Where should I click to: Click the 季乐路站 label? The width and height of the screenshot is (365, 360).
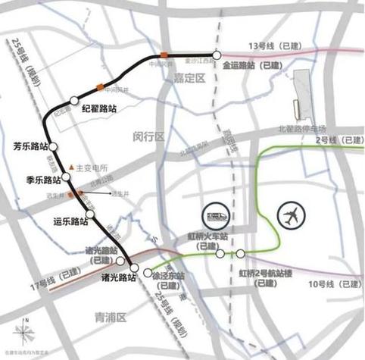(x=42, y=180)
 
